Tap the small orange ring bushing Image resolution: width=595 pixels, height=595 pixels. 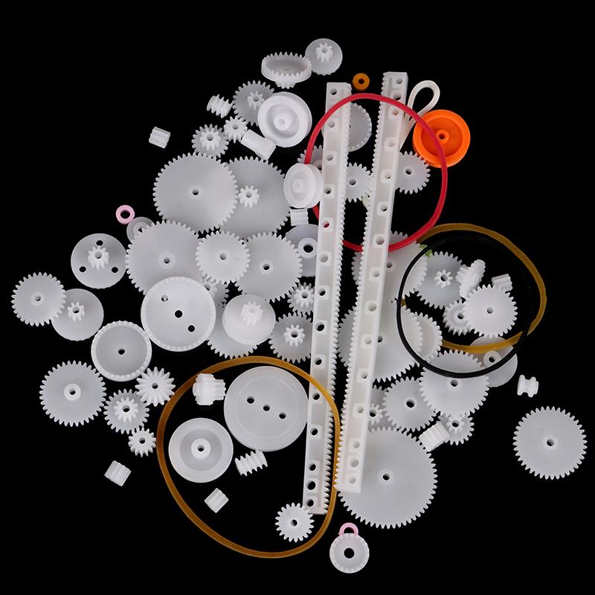[361, 80]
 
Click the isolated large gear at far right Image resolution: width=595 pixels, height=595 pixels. [550, 442]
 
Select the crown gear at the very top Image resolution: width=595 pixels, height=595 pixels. [286, 69]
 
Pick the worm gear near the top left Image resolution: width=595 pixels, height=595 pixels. [219, 105]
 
